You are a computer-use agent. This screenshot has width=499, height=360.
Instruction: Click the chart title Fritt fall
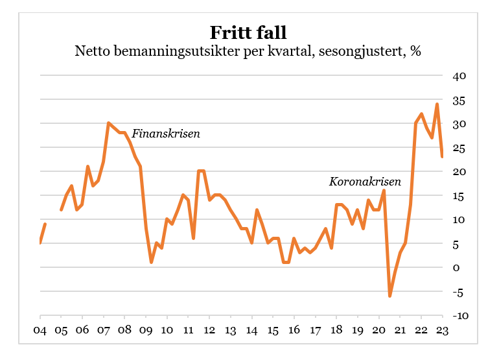coord(248,32)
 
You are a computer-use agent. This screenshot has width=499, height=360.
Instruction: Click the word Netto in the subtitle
coord(93,51)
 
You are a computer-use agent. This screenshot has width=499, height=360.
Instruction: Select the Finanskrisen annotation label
coord(166,134)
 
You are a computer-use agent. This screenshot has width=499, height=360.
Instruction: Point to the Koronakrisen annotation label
coord(365,182)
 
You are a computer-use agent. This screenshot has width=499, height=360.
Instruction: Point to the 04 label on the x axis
coord(40,330)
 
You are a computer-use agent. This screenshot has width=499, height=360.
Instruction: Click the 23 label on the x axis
coord(443,330)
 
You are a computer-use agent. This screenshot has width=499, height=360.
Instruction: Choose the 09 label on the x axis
coord(146,330)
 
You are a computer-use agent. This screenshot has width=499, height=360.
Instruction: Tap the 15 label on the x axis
coord(273,330)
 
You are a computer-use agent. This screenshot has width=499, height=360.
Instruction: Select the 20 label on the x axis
coord(379,330)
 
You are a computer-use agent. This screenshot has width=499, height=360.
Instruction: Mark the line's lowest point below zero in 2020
coord(390,296)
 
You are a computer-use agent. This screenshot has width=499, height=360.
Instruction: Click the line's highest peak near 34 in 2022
coord(437,104)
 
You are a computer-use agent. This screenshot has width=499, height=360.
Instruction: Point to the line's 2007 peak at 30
coord(108,123)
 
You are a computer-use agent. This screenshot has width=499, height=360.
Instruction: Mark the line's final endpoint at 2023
coord(443,156)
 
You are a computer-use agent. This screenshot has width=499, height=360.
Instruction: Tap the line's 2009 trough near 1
coord(151,262)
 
